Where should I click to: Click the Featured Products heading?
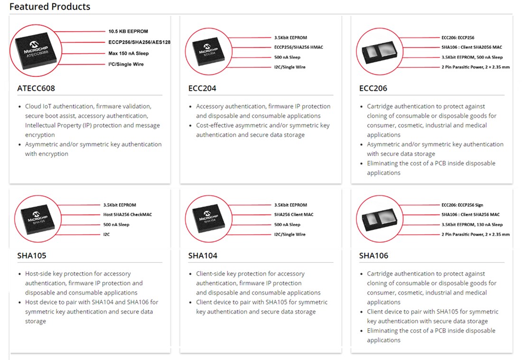50,7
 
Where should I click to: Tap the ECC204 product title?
203,88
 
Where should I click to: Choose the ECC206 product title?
373,88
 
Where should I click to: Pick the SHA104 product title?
203,256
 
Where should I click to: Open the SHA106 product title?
373,256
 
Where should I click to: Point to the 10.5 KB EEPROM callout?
128,31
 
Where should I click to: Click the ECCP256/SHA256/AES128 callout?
140,42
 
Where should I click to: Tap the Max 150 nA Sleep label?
129,54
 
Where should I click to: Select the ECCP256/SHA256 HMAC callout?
298,47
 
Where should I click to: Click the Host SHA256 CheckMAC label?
128,215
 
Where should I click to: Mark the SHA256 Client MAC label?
294,215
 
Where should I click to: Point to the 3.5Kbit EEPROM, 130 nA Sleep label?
472,225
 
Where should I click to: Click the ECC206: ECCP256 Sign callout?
462,205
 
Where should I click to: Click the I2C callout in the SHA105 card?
107,234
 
